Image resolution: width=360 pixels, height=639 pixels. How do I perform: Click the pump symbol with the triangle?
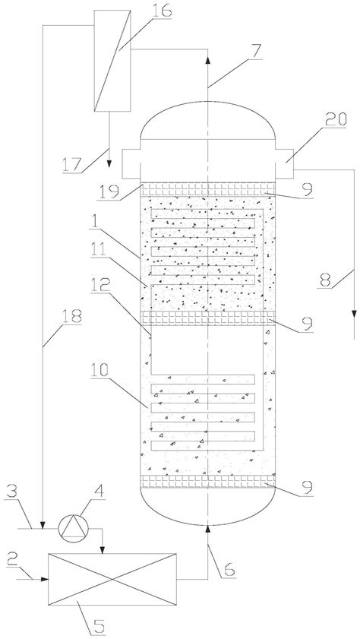pos(74,528)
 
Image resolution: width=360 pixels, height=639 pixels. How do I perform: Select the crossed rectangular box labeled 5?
pos(112,579)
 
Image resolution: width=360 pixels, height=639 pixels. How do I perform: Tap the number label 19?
pos(108,189)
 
